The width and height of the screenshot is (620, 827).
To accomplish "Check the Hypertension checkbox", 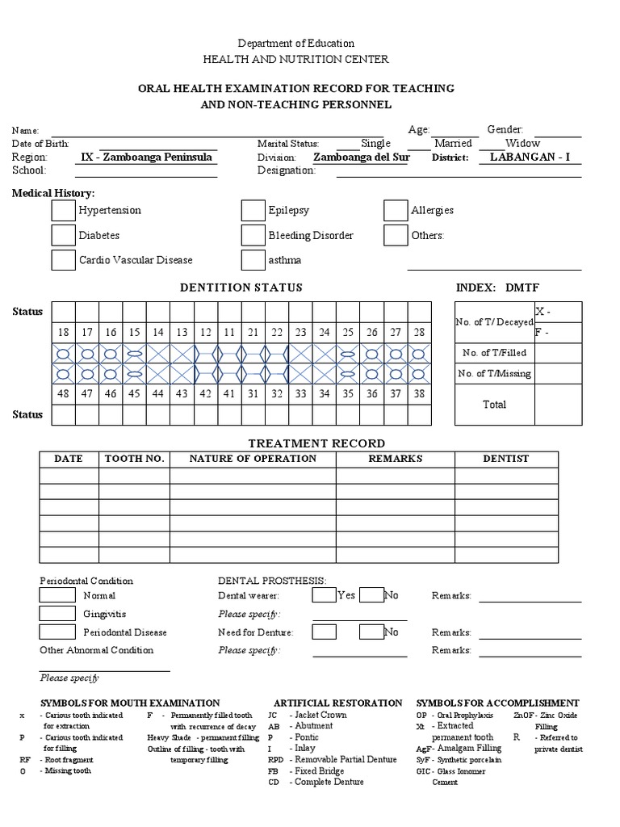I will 63,211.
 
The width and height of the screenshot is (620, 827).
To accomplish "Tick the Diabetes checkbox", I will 63,236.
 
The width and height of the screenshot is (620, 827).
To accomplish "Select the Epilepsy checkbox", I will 253,211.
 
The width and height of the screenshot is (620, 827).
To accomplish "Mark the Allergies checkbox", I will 396,211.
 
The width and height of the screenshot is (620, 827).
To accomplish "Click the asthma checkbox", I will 253,260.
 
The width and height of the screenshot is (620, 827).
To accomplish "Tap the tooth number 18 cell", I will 64,333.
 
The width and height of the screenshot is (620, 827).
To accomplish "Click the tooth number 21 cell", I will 253,333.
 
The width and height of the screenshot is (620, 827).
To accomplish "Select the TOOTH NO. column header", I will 135,459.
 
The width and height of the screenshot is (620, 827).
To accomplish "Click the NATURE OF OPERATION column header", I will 253,459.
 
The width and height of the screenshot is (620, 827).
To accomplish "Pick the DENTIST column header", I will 506,459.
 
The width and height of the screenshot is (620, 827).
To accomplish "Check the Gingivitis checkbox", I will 57,614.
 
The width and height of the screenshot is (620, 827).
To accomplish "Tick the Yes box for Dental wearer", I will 324,596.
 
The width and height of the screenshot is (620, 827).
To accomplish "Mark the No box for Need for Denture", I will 371,632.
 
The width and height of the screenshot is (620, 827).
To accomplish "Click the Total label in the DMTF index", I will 494,405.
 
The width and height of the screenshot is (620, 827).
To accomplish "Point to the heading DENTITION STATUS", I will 241,288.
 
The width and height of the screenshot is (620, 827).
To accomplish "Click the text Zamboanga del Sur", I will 361,157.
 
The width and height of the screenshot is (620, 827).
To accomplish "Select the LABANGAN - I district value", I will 530,157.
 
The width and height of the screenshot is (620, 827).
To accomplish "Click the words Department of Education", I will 295,43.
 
